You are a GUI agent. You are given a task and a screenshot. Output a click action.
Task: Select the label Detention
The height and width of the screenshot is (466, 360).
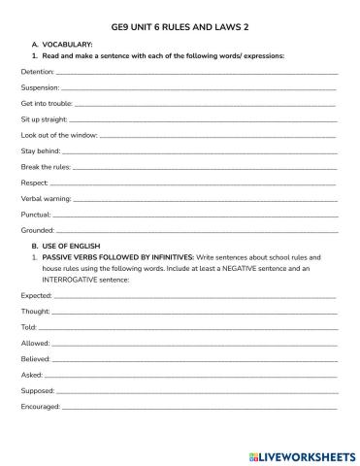click(37, 71)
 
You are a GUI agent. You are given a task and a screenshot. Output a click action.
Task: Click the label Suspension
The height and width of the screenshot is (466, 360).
click(40, 86)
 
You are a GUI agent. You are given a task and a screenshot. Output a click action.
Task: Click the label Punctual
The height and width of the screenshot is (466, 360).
click(35, 214)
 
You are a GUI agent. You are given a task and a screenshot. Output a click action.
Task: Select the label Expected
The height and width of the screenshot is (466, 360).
click(36, 294)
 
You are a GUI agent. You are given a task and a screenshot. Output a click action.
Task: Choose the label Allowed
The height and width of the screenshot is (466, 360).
click(35, 343)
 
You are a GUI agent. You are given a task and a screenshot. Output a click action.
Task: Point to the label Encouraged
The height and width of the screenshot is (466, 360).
click(41, 406)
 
